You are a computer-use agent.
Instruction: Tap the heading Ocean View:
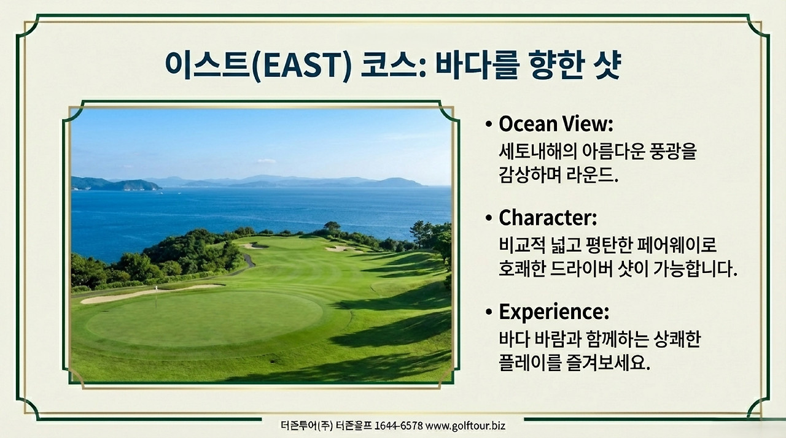tap(556, 125)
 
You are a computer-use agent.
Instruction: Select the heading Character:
tap(547, 218)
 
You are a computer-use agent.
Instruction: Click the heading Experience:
tap(553, 312)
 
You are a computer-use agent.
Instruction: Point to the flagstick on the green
tap(156, 298)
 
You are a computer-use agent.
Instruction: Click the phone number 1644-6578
tap(398, 425)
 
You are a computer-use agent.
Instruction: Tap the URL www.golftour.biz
tap(465, 425)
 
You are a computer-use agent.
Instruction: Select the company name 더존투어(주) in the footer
tap(305, 425)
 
